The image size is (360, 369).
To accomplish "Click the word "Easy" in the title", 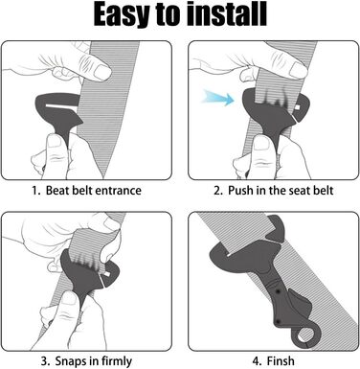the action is click(x=122, y=14).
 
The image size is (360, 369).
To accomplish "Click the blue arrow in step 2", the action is click(x=218, y=98).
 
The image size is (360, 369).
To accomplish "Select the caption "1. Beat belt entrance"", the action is click(x=86, y=191).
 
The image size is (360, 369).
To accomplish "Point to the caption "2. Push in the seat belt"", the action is click(x=274, y=191).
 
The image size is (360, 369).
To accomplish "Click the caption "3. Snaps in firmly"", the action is click(x=86, y=361).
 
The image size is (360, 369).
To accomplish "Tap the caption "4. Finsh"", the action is click(x=274, y=361).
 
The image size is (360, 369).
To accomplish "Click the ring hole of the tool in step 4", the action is click(x=304, y=336).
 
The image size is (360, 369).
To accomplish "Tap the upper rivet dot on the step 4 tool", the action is click(x=279, y=291).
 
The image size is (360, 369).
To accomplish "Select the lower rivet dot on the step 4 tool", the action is click(x=278, y=321).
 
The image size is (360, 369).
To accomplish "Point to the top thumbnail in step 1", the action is click(x=102, y=73).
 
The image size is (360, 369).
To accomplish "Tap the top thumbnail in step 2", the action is click(x=299, y=70).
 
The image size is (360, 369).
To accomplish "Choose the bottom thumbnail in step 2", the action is click(x=261, y=143).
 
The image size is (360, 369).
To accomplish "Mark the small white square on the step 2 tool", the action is click(x=298, y=106).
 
